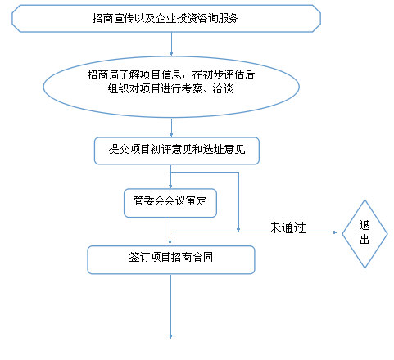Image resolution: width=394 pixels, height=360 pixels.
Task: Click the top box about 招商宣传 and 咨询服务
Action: coord(166,19)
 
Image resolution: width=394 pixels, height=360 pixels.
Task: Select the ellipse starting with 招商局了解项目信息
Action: coord(171,87)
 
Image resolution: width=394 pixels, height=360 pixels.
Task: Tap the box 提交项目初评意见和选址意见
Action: coord(177,151)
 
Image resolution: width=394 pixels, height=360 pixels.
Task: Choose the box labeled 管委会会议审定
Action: coord(170,203)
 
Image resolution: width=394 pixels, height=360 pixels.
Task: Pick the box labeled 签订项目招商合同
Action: coord(171,259)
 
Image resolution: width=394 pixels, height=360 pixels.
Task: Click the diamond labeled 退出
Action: coord(365,234)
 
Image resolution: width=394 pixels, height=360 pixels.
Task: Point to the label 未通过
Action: coord(288,227)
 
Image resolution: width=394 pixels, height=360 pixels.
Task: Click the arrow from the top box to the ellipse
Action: coord(171,44)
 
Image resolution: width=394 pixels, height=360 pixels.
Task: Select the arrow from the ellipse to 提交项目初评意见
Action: coord(171,128)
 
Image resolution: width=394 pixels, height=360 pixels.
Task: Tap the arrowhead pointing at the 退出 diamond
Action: coord(335,232)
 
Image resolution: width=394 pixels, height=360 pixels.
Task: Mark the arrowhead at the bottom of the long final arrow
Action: coord(170,336)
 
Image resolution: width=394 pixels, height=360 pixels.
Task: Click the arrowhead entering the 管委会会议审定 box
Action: coord(170,187)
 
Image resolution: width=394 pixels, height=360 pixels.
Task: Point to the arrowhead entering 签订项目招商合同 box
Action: coord(170,243)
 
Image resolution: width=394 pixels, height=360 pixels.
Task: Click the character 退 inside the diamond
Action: coord(365,226)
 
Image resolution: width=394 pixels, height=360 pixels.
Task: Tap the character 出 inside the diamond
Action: coord(365,239)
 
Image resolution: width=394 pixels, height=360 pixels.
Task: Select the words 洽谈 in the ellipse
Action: coord(223,88)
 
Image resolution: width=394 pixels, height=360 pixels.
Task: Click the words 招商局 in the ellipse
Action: coord(103,74)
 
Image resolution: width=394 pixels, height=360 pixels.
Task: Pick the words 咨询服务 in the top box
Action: coord(218,18)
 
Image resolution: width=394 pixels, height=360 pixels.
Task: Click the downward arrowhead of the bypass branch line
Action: coord(238,230)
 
